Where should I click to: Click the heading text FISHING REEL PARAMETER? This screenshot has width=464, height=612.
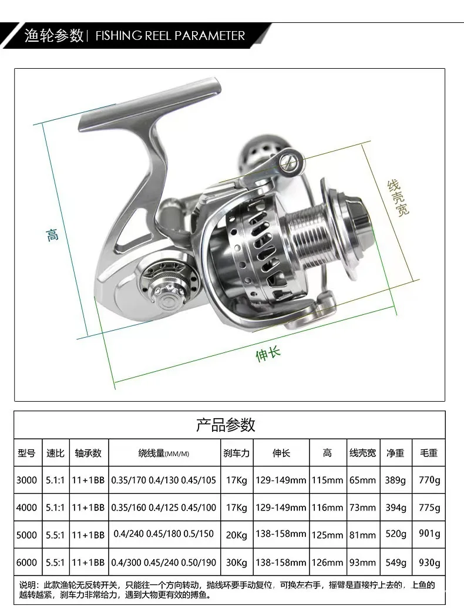coord(170,35)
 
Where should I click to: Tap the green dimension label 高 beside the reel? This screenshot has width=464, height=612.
coord(52,235)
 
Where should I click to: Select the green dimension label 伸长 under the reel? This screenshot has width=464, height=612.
coord(268,354)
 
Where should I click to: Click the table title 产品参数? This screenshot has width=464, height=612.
coord(226,425)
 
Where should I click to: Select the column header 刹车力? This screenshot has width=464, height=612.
coord(237,453)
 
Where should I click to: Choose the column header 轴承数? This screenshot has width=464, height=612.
coord(88,453)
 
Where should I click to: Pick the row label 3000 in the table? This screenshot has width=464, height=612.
coord(27,480)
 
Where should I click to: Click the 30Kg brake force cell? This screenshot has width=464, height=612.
coord(237,562)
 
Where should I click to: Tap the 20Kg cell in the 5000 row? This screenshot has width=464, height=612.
coord(237,534)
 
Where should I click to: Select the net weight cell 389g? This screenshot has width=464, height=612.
coord(395,480)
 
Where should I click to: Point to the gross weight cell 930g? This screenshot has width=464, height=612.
coord(429,562)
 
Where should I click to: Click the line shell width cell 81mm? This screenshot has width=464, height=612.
coord(362,534)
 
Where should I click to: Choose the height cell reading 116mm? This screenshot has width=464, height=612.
coord(327,507)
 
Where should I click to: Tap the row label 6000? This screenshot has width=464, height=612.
coord(27,562)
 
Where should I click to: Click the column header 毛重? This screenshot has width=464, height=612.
coord(429,453)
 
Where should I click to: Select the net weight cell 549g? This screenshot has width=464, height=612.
coord(395,562)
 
